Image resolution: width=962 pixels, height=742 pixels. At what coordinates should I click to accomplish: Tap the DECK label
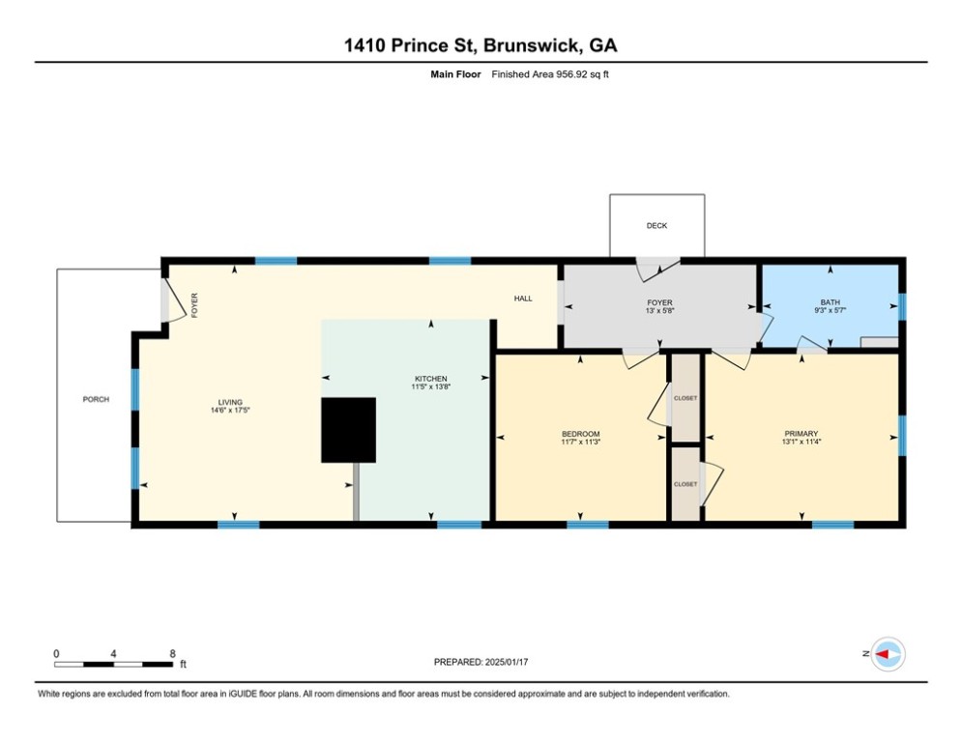point(656,226)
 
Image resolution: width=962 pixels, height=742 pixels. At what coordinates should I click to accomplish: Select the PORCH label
point(96,399)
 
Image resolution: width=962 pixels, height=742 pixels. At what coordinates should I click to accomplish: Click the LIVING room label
point(230,402)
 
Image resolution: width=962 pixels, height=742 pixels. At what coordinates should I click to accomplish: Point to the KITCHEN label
point(430,378)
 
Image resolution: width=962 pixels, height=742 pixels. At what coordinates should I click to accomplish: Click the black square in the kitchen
point(348,429)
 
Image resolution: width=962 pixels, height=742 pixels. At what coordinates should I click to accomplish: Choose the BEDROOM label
point(580,433)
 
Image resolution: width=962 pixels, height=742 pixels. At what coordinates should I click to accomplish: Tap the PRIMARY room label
point(802,433)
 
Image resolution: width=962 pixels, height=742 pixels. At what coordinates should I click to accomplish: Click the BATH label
point(831,301)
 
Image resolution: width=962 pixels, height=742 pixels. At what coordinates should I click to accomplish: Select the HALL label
point(522,299)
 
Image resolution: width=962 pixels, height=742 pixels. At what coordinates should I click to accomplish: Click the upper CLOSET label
point(685,397)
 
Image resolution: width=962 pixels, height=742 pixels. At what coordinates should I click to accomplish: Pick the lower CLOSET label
point(685,484)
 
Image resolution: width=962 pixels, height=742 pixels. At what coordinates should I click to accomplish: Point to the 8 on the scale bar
point(172,653)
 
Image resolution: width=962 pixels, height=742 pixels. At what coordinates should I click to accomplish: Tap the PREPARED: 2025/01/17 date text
point(481,662)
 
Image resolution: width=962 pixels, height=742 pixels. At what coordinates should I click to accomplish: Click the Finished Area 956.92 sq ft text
point(550,74)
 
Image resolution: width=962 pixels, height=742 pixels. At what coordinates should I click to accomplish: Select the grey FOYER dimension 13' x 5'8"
point(659,311)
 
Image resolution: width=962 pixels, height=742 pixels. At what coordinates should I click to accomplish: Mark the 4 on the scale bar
point(114,653)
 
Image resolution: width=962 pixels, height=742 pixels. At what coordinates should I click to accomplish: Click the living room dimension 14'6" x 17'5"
point(230,411)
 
